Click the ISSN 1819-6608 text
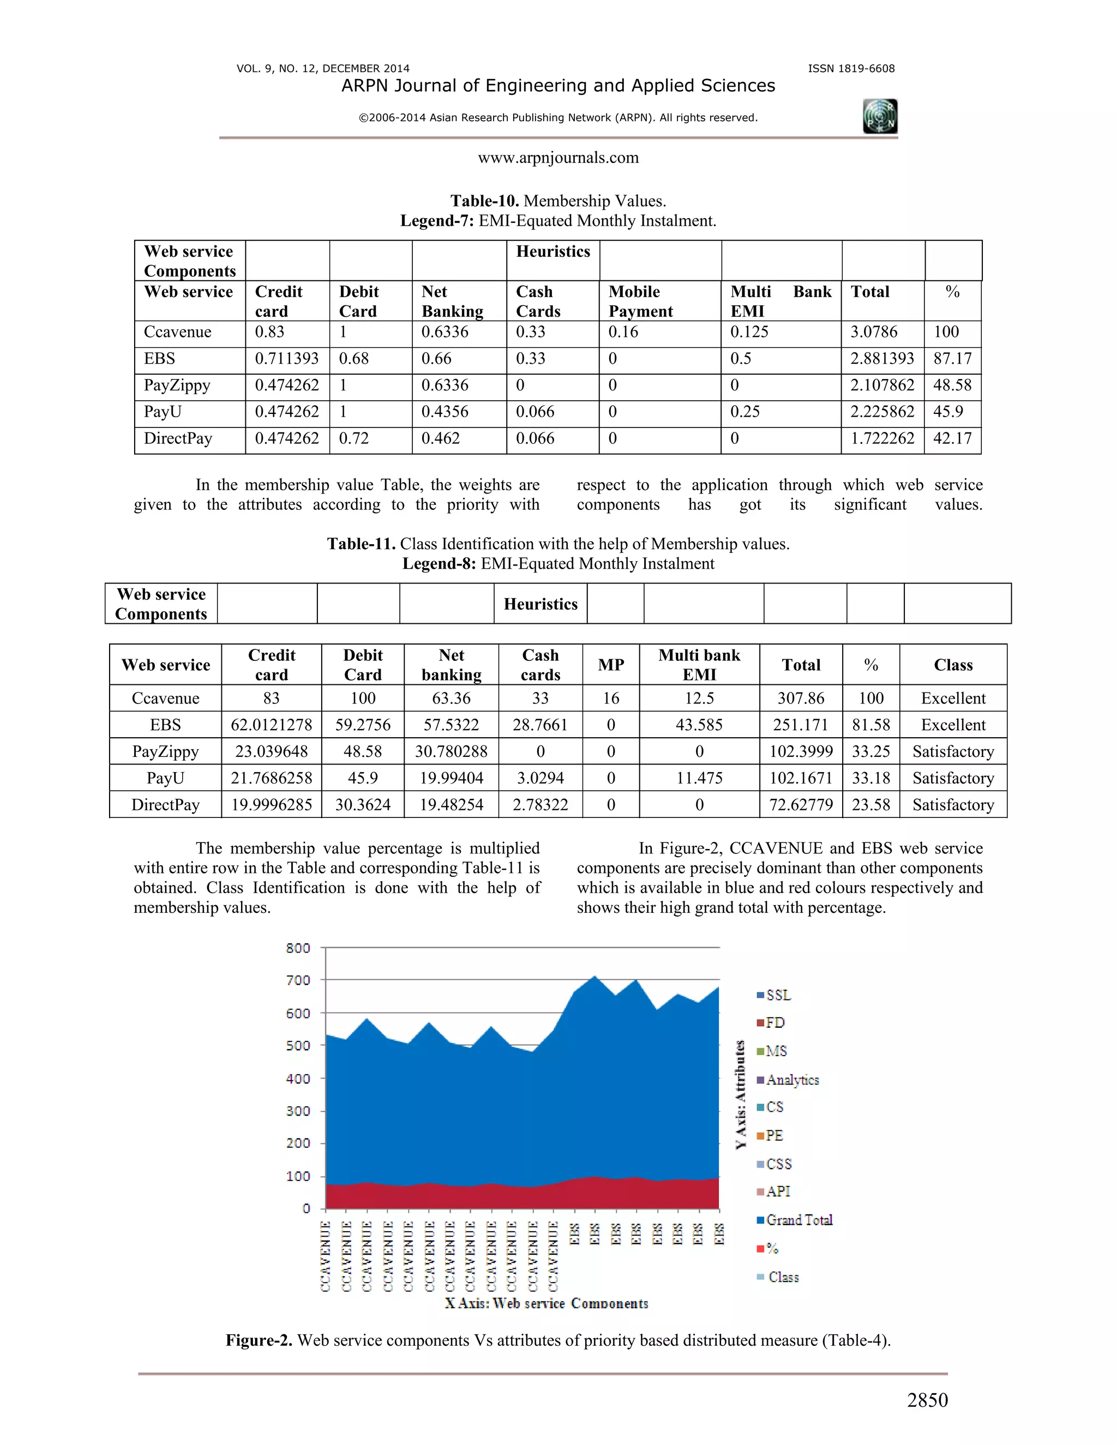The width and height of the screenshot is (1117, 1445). pos(851,68)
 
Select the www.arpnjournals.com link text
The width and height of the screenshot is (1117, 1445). pos(558,158)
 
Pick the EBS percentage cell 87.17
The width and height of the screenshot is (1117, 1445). pos(952,359)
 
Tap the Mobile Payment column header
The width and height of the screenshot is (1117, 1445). pos(640,301)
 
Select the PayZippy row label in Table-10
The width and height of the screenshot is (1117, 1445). pos(177,385)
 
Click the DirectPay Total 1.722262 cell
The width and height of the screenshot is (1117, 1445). pos(881,438)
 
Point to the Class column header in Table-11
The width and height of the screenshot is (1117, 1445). pos(953,665)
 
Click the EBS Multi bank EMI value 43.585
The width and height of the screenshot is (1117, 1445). pos(699,725)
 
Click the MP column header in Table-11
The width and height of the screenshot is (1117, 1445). pos(611,665)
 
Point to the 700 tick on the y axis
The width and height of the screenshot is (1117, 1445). pos(298,980)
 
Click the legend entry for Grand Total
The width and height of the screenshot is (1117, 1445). pos(798,1219)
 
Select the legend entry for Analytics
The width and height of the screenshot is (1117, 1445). pos(792,1079)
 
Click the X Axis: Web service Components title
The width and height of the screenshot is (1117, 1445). pos(547,1303)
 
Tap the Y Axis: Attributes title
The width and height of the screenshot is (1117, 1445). pos(741,1094)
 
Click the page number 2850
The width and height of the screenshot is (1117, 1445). pos(927,1399)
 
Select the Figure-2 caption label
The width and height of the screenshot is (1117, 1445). pos(260,1340)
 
